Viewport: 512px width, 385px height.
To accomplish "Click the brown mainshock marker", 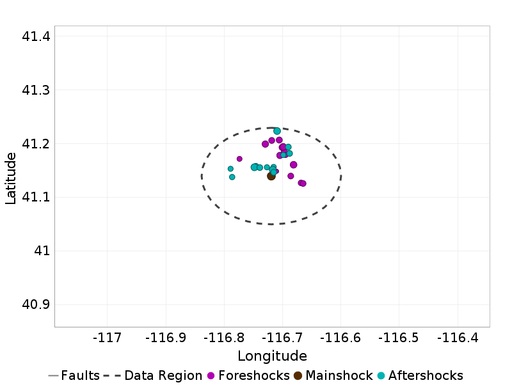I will point(271,176).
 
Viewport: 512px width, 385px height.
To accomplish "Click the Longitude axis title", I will point(272,356).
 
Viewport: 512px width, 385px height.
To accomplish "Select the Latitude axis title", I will point(11,177).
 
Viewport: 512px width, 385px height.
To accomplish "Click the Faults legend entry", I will point(74,375).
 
